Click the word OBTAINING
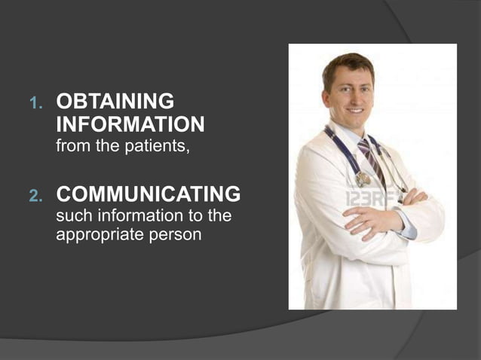click(115, 102)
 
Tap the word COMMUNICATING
click(149, 195)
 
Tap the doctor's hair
click(348, 62)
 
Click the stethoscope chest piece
click(363, 179)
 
